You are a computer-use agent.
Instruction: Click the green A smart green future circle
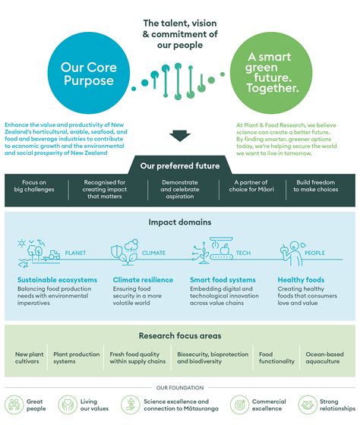pyautogui.click(x=270, y=73)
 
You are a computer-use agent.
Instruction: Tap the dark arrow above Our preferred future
pyautogui.click(x=179, y=136)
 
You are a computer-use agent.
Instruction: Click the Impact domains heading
pyautogui.click(x=179, y=223)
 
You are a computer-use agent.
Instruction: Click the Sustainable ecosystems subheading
pyautogui.click(x=56, y=281)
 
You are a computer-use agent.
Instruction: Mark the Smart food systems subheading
pyautogui.click(x=221, y=281)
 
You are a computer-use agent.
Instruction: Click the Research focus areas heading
pyautogui.click(x=179, y=335)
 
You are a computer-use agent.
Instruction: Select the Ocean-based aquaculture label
pyautogui.click(x=324, y=358)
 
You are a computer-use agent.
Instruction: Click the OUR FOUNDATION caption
pyautogui.click(x=179, y=388)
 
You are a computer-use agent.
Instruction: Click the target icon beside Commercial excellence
pyautogui.click(x=241, y=405)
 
